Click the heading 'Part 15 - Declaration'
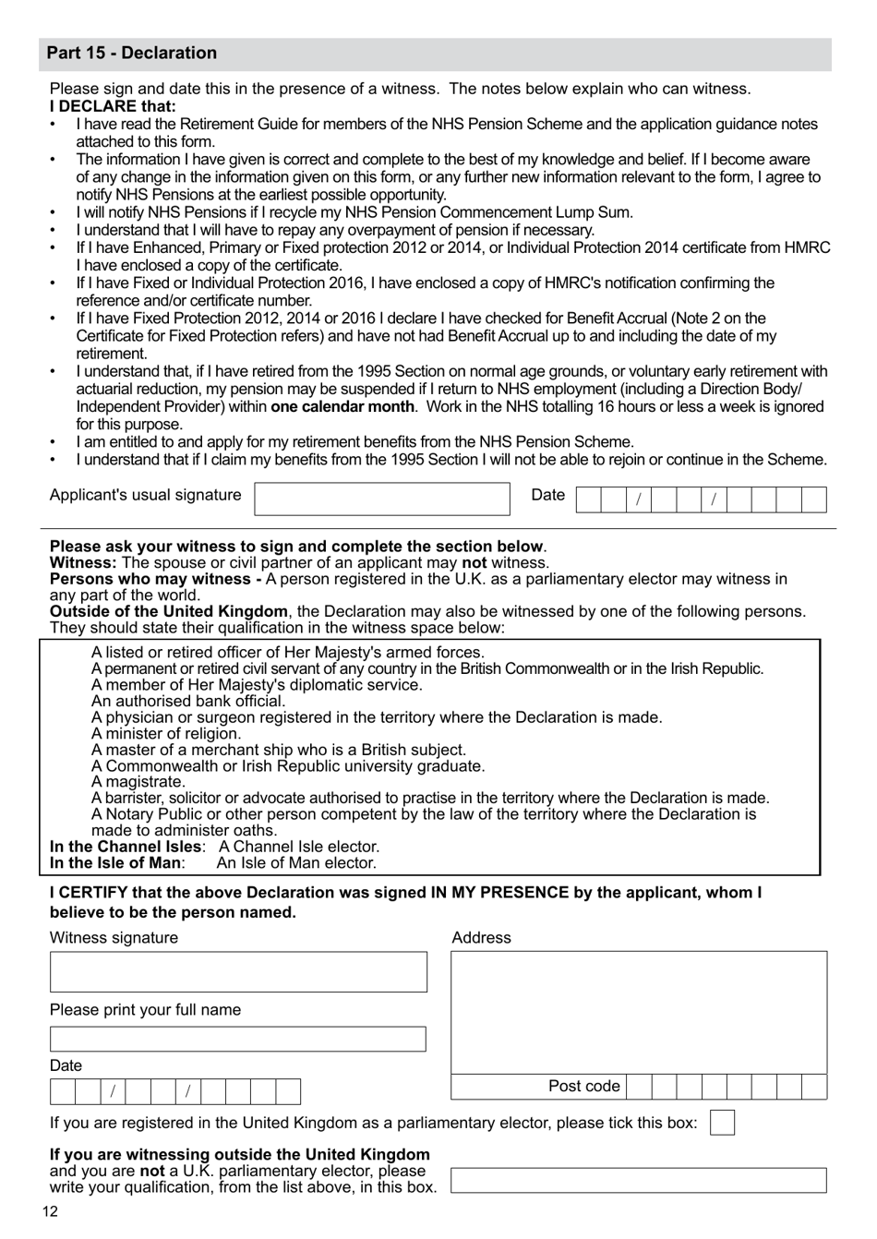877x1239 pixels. [132, 54]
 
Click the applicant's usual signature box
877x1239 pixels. [382, 499]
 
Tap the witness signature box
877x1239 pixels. [238, 972]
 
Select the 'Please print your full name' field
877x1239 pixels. [238, 1040]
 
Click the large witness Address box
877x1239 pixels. [639, 1012]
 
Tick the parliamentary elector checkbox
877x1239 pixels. [723, 1123]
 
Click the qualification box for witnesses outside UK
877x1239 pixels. [639, 1180]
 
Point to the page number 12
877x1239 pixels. [50, 1212]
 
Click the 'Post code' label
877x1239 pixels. [583, 1087]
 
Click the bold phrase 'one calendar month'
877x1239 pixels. [342, 406]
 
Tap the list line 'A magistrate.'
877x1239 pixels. [138, 782]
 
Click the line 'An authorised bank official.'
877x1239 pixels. [188, 701]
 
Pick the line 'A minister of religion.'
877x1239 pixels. [166, 733]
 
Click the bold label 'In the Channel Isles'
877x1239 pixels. [126, 847]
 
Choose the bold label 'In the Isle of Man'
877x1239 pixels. [115, 863]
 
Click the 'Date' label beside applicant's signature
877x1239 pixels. [547, 495]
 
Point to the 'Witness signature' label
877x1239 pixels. [114, 938]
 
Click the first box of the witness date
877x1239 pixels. [62, 1092]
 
